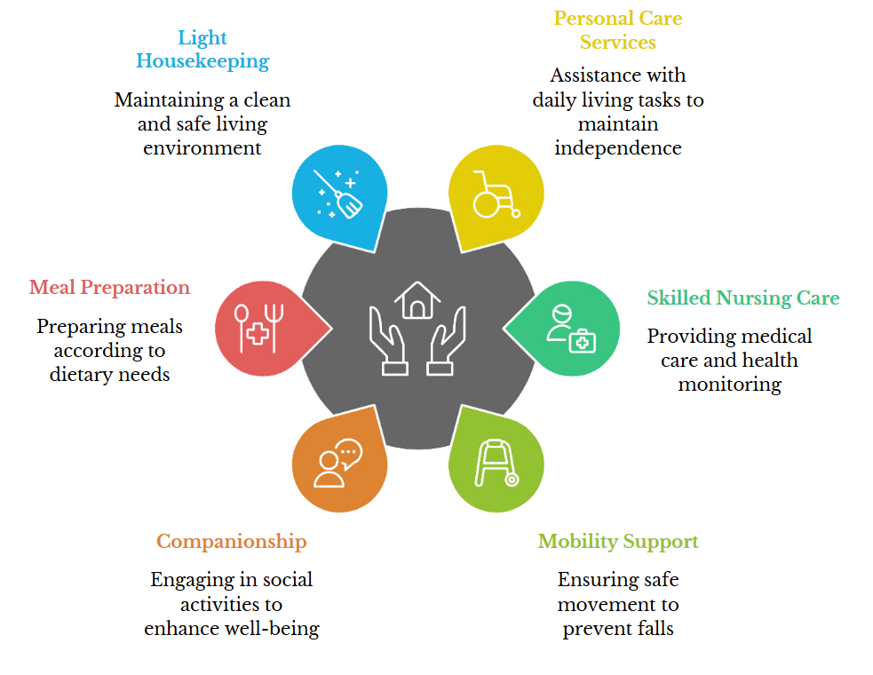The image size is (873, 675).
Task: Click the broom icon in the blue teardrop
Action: tap(339, 194)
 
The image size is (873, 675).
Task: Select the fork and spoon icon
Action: tap(259, 329)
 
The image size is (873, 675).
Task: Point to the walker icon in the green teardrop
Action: tap(496, 464)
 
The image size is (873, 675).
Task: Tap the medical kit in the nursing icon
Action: tap(583, 341)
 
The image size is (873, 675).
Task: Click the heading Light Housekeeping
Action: tap(202, 49)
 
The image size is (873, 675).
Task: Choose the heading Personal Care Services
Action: tap(618, 30)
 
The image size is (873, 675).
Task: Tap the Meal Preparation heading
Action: tap(110, 288)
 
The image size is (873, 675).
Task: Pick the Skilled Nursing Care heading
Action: tap(743, 298)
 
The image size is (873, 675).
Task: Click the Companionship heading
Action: tap(232, 542)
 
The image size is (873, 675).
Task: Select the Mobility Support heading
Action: tap(618, 542)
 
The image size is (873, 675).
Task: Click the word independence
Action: tap(618, 148)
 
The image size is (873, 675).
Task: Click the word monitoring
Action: tap(730, 385)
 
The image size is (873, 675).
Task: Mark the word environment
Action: tap(202, 148)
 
